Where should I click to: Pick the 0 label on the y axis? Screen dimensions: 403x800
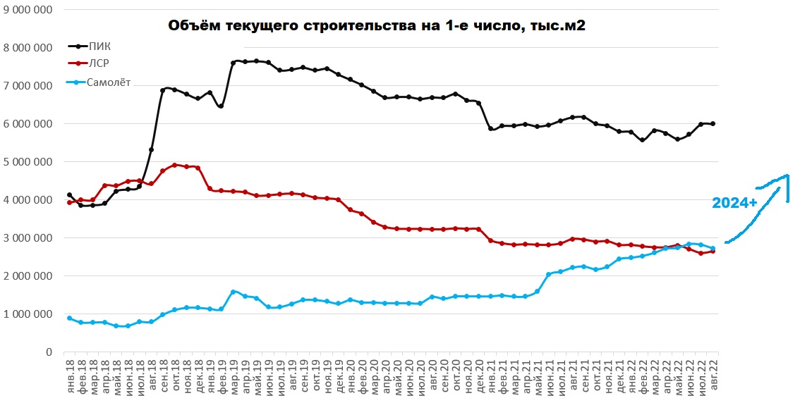tap(49, 352)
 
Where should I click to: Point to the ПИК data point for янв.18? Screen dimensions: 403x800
tap(69, 195)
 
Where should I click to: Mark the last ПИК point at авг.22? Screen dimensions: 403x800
tap(713, 124)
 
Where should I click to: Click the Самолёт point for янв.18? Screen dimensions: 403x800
tap(69, 318)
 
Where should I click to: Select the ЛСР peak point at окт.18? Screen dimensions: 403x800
tap(174, 166)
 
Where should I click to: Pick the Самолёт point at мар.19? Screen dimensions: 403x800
tap(233, 292)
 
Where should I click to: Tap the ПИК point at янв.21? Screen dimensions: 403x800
tap(490, 129)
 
